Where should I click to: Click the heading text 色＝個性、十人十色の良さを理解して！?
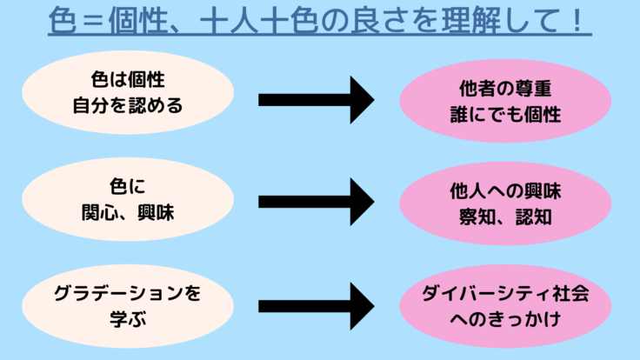[x=319, y=22]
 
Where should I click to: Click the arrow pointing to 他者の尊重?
[x=316, y=100]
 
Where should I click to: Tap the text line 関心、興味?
[x=129, y=210]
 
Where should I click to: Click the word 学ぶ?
[x=129, y=317]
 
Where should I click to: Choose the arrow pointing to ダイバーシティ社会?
[x=316, y=304]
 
